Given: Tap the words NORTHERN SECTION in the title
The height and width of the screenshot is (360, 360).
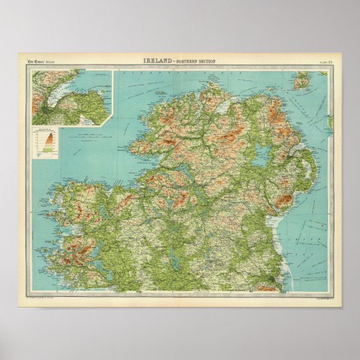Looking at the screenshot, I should (193, 60).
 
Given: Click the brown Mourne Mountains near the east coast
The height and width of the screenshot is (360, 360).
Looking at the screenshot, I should (287, 200).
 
